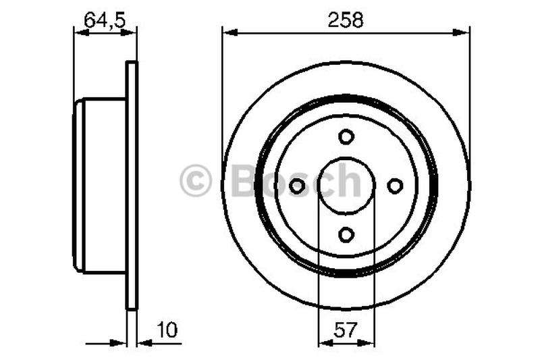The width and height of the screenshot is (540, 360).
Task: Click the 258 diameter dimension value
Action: (346, 20)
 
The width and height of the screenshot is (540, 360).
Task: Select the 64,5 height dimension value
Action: (105, 20)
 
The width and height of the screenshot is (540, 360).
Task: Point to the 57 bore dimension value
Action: (346, 331)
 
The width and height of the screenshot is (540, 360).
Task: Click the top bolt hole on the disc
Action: (346, 137)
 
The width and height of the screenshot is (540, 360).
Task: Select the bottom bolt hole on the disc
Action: (346, 234)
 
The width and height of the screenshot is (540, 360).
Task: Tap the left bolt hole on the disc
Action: (297, 186)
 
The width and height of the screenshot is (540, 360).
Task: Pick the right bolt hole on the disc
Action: (395, 186)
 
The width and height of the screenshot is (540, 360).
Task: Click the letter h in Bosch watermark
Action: (350, 181)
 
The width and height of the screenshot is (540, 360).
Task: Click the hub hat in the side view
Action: (101, 186)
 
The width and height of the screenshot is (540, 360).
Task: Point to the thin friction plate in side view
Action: (132, 186)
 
